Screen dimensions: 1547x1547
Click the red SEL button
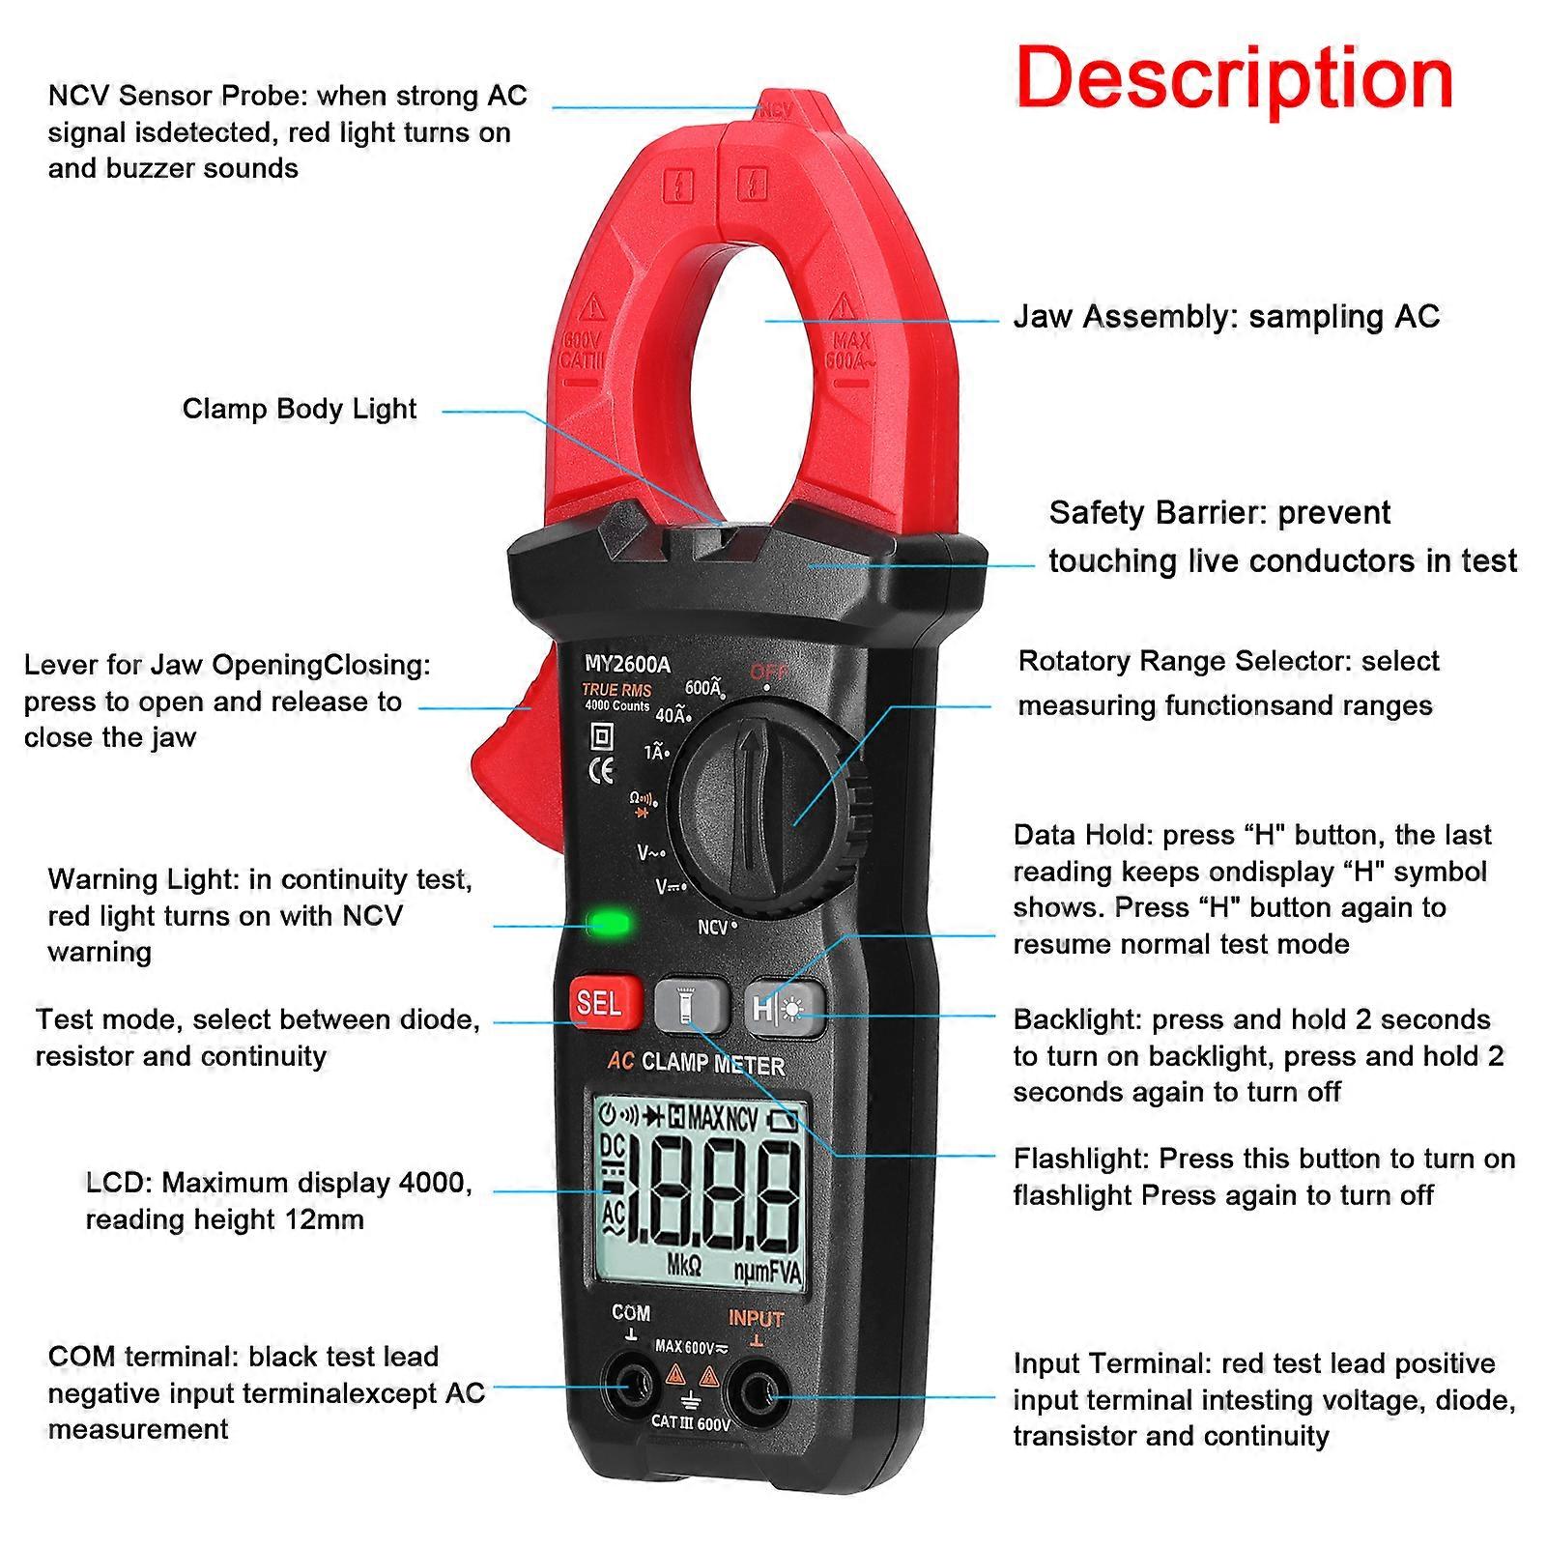[598, 1003]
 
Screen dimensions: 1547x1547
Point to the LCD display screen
[702, 1193]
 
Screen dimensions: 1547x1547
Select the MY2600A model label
[627, 665]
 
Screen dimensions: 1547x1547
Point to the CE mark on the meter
[602, 770]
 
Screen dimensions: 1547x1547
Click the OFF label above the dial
[768, 671]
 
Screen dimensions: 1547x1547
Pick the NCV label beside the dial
[713, 928]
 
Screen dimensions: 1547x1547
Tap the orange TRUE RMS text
[616, 690]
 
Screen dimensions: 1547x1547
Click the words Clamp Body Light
[300, 409]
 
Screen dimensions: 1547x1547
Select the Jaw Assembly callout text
[1225, 317]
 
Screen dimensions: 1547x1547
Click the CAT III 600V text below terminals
[690, 1422]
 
